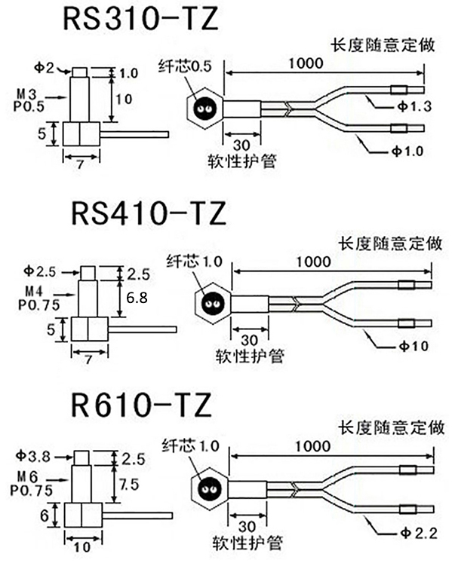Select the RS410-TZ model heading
[148, 213]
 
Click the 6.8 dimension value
[137, 298]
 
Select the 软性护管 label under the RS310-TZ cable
[241, 161]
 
